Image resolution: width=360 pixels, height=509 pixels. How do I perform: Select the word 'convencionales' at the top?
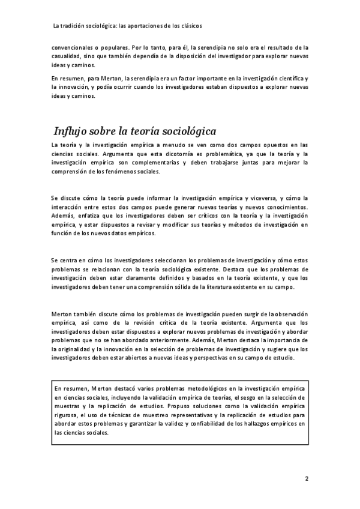point(72,47)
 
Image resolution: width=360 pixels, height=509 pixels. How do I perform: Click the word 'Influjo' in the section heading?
point(73,131)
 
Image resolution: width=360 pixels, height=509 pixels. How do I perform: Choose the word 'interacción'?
point(68,207)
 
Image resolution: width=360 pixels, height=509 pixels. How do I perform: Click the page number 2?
point(306,478)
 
